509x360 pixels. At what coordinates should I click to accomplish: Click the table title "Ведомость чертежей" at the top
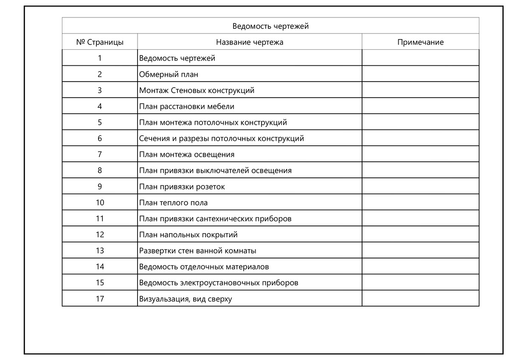[x=270, y=26]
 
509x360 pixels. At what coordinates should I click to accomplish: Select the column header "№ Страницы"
[x=100, y=42]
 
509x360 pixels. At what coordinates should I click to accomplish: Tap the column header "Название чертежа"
[x=250, y=42]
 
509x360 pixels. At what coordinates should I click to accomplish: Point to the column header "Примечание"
[x=420, y=42]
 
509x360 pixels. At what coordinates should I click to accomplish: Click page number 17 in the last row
[x=100, y=298]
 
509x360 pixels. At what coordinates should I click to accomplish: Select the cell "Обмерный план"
[x=169, y=74]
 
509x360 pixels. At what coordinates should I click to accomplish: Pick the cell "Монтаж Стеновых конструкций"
[x=197, y=90]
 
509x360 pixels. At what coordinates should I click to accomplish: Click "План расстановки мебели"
[x=186, y=107]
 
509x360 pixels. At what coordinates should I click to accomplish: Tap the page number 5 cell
[x=100, y=122]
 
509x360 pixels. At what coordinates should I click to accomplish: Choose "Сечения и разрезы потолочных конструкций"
[x=221, y=138]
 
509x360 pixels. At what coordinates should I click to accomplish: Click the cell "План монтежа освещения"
[x=186, y=155]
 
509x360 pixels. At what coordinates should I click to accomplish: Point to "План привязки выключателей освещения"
[x=215, y=171]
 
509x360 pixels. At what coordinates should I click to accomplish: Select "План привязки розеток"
[x=182, y=187]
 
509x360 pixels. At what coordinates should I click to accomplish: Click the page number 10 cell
[x=100, y=202]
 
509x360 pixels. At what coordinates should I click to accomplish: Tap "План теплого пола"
[x=173, y=202]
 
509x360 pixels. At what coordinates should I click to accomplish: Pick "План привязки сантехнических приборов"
[x=215, y=219]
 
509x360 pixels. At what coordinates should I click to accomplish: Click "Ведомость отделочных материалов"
[x=204, y=267]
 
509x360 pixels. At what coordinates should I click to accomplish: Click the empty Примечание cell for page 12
[x=420, y=234]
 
